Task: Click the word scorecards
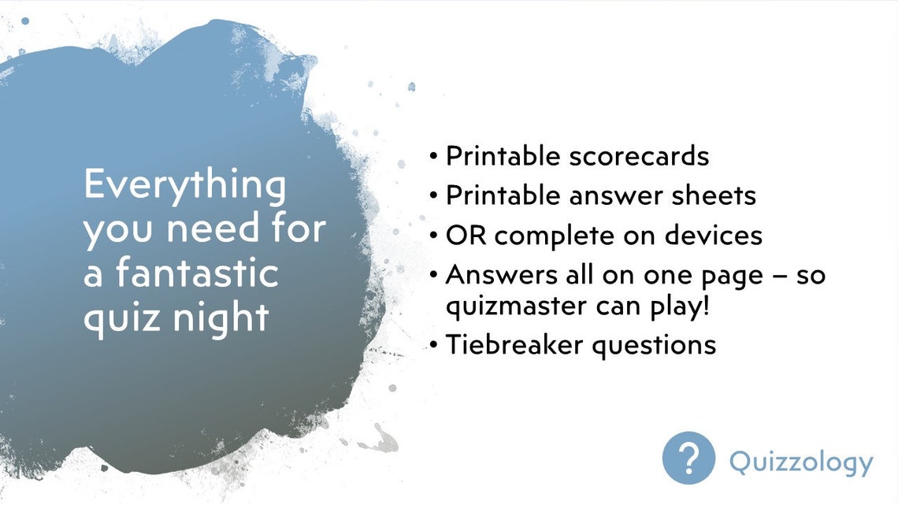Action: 639,156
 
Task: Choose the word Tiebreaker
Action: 512,344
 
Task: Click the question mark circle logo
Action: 688,457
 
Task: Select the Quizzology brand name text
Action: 801,462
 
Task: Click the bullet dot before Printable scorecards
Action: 434,157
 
